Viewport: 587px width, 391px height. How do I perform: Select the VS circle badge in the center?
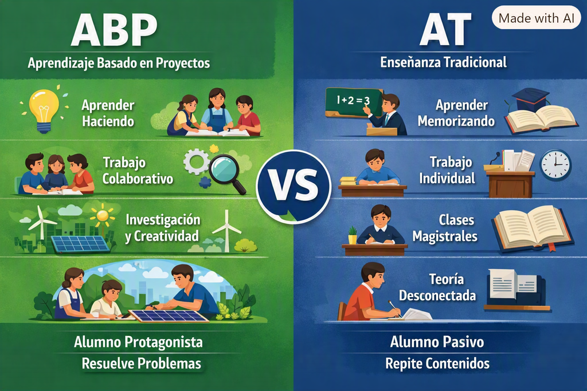[293, 186]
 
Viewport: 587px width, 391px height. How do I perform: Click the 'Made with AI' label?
[536, 18]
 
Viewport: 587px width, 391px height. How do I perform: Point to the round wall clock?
[555, 165]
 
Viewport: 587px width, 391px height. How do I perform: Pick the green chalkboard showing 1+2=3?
[354, 100]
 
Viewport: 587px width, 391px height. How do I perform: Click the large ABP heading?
[114, 30]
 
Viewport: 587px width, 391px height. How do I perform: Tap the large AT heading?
[444, 29]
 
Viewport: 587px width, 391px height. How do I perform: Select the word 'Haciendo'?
[108, 121]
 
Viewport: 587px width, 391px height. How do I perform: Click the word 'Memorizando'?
[456, 121]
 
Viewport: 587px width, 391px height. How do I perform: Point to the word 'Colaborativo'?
[138, 179]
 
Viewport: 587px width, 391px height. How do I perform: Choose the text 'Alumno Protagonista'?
[138, 342]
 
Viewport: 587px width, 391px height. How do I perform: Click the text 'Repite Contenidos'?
[437, 364]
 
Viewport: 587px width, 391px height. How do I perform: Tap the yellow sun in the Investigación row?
[102, 215]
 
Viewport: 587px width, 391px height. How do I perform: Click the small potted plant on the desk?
[353, 235]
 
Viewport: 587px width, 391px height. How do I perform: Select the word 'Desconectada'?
[437, 295]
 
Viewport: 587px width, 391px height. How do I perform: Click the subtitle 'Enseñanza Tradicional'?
[443, 62]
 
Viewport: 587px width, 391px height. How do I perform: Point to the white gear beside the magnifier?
[196, 161]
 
